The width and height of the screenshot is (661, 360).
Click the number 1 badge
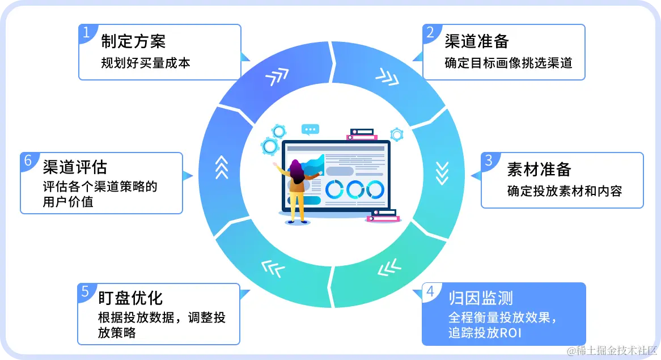86,32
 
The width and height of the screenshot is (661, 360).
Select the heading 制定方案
133,41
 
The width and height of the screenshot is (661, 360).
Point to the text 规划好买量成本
145,63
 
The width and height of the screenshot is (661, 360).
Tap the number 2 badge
431,32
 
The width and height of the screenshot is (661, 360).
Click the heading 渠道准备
477,41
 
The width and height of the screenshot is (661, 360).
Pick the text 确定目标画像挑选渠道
508,63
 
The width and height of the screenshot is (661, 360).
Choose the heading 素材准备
539,170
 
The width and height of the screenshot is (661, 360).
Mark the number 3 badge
489,160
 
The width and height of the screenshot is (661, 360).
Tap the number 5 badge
86,291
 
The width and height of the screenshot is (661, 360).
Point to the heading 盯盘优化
131,298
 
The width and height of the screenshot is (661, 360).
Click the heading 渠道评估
75,167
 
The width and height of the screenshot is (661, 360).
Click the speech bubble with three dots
310,129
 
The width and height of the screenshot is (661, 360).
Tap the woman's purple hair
295,170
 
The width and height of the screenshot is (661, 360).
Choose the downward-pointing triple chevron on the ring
441,173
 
